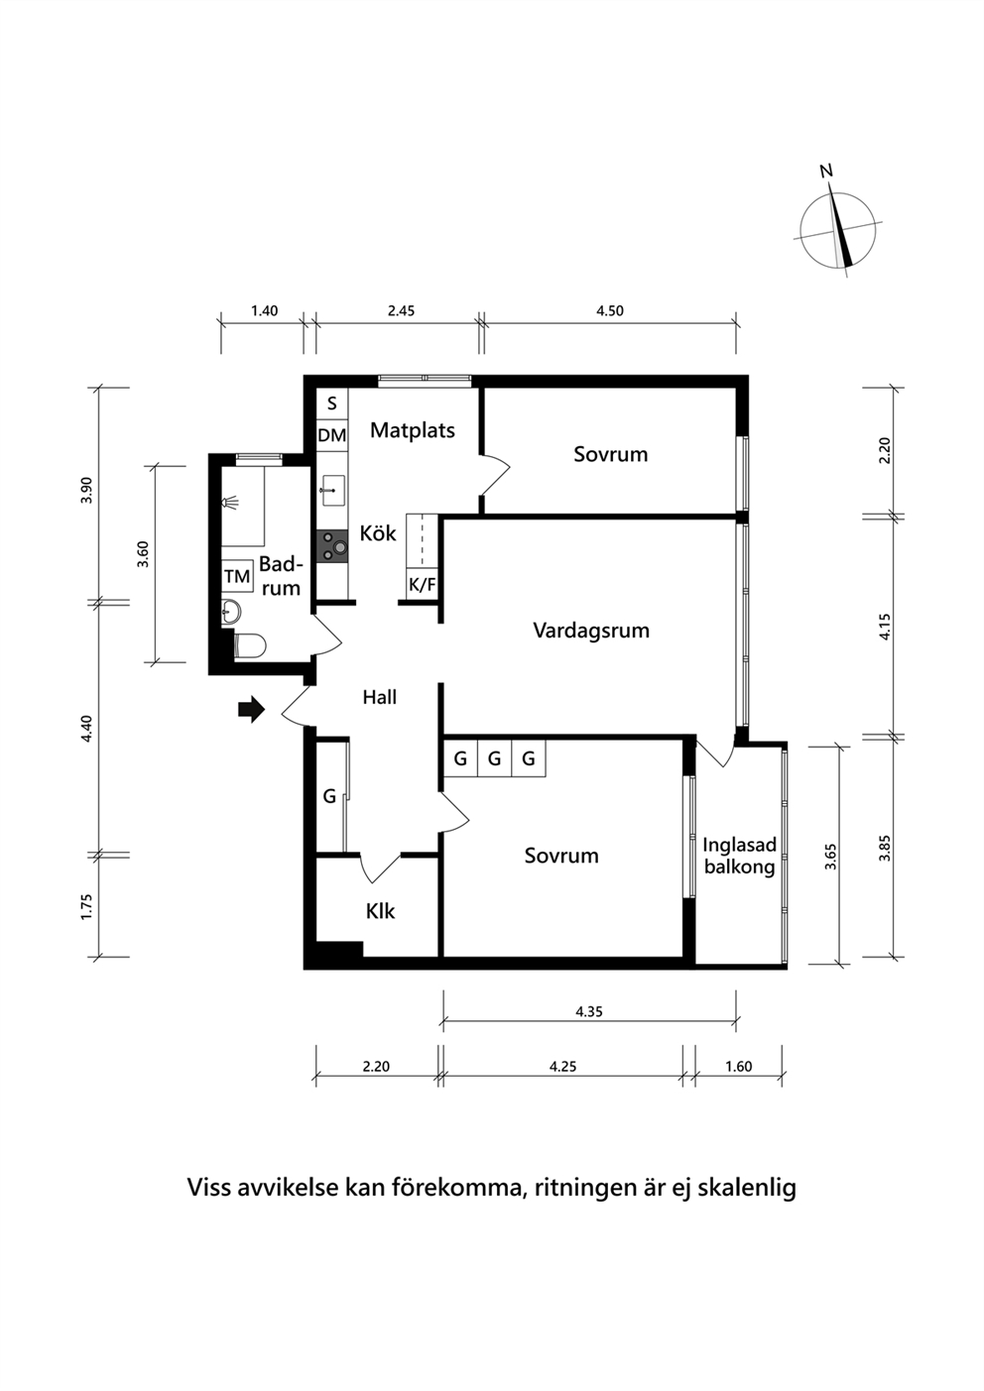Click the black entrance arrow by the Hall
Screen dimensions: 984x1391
click(x=252, y=709)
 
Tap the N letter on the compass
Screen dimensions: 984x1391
click(x=826, y=172)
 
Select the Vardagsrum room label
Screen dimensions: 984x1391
click(x=591, y=631)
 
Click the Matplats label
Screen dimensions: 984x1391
click(x=413, y=429)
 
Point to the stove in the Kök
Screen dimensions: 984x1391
click(x=332, y=546)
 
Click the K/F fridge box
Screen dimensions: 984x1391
click(x=422, y=584)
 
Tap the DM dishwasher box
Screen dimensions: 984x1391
click(x=331, y=435)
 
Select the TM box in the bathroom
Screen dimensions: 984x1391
click(x=237, y=576)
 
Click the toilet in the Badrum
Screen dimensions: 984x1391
click(x=250, y=645)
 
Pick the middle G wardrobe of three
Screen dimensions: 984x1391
click(x=495, y=758)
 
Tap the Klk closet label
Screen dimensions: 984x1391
click(x=380, y=911)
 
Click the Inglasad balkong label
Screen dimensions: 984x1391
click(x=739, y=856)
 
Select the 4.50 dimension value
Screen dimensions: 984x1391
click(x=610, y=310)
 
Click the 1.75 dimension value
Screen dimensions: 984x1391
click(x=86, y=906)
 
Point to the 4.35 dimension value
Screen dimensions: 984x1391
click(x=589, y=1012)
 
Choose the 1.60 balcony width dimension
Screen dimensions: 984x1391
click(x=739, y=1066)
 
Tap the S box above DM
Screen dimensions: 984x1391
click(x=331, y=404)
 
